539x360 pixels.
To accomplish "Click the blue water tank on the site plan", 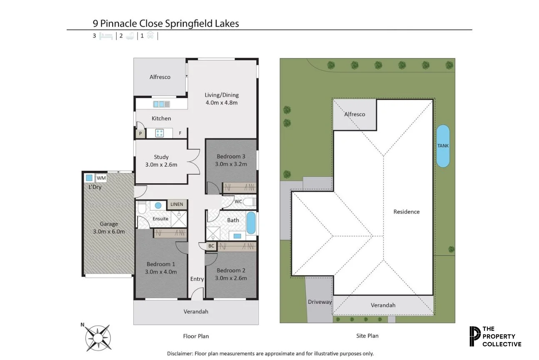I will click(x=443, y=146).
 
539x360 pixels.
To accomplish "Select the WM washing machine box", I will click(x=101, y=178).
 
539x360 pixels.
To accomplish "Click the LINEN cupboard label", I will click(x=177, y=204).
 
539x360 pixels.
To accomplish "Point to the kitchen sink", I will click(x=161, y=104).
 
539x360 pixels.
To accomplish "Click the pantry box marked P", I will click(x=140, y=134).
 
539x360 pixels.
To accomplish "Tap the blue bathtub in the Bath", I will click(x=251, y=224).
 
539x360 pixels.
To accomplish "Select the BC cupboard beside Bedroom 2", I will click(x=211, y=246).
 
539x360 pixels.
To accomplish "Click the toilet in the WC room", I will click(x=250, y=202).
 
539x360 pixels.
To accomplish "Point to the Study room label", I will click(x=161, y=157).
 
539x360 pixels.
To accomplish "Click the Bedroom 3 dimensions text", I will click(x=231, y=164).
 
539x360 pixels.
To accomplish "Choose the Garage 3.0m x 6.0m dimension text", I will click(x=109, y=231).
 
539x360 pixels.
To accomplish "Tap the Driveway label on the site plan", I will click(x=319, y=302).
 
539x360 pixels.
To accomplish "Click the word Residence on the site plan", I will click(x=407, y=212).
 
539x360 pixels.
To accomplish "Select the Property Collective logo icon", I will click(x=474, y=336).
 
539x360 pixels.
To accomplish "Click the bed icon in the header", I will click(x=106, y=36).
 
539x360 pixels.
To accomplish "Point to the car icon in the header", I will click(x=150, y=36).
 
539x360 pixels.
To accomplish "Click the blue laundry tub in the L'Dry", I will click(x=89, y=178).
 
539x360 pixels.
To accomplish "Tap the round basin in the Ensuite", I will click(x=157, y=205).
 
